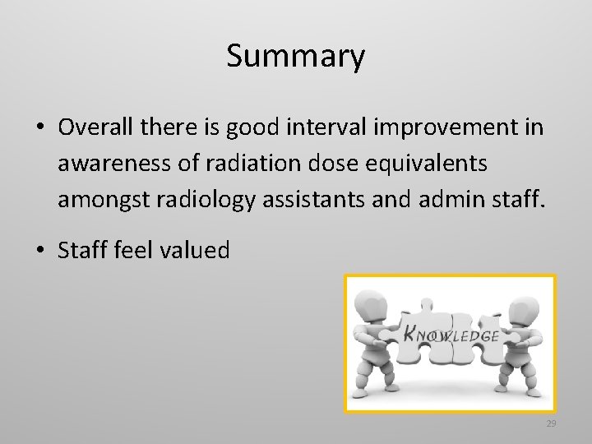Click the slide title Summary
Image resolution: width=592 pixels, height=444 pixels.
(x=295, y=57)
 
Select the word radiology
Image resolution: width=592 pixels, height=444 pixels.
(x=197, y=199)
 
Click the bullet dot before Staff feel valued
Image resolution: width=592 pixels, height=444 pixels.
(x=39, y=251)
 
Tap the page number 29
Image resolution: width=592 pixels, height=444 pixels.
(x=551, y=423)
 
